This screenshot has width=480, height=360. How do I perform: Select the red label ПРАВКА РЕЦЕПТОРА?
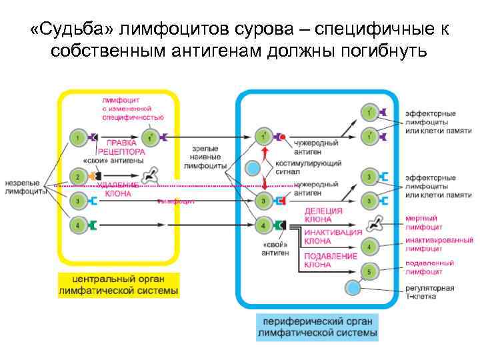tap(121, 147)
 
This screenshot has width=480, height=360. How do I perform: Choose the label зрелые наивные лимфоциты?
tap(205, 157)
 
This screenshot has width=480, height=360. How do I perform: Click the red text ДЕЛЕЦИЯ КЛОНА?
tap(323, 215)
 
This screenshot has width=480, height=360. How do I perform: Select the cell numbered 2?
tap(77, 177)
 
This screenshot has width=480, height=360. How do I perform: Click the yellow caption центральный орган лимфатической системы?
tap(118, 284)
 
